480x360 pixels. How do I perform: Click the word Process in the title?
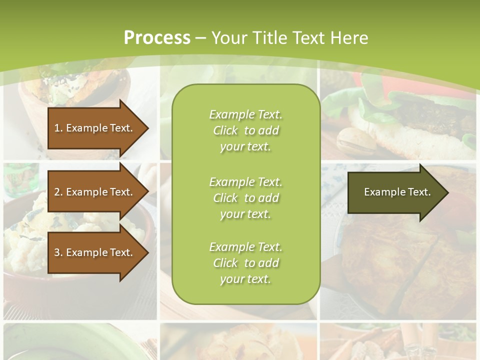157,38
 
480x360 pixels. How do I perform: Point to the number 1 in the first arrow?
57,128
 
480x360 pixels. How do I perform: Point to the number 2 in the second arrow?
57,192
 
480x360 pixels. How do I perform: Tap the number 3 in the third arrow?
57,252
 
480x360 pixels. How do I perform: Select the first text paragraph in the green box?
245,130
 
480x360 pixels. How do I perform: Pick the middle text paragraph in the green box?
245,197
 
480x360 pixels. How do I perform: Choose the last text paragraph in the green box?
245,263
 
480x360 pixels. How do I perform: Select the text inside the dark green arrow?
397,192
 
